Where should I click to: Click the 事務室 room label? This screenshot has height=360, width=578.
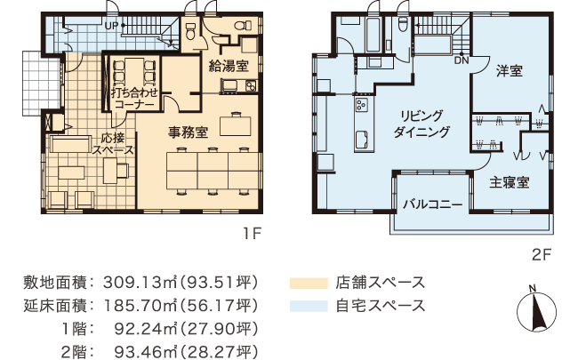(x=189, y=133)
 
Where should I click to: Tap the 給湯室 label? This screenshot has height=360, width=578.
(x=228, y=66)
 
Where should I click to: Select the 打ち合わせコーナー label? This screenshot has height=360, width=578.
(x=133, y=97)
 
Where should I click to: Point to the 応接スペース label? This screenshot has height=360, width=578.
(x=113, y=144)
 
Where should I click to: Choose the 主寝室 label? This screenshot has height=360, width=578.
(x=510, y=182)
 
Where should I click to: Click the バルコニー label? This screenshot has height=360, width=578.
(x=432, y=204)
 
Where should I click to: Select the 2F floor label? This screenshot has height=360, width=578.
(x=542, y=255)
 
